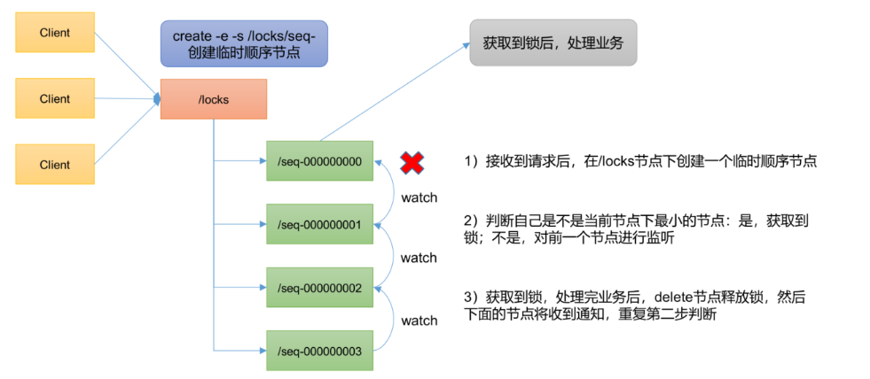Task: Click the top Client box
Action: click(x=55, y=33)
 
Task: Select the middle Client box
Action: click(x=55, y=99)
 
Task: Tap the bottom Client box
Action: click(x=55, y=165)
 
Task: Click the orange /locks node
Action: click(x=214, y=99)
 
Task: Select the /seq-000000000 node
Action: click(x=320, y=161)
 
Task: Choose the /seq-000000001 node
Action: click(x=320, y=225)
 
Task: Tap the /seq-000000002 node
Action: click(x=320, y=289)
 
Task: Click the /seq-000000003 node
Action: click(x=320, y=352)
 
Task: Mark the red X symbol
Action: click(x=411, y=161)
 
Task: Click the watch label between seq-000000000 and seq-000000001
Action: click(x=419, y=197)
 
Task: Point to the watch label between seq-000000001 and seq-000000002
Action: click(x=419, y=258)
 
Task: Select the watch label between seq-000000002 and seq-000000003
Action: click(x=419, y=321)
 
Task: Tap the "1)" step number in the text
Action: click(x=471, y=162)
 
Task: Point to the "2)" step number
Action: click(x=471, y=220)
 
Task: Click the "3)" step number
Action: click(x=471, y=294)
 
